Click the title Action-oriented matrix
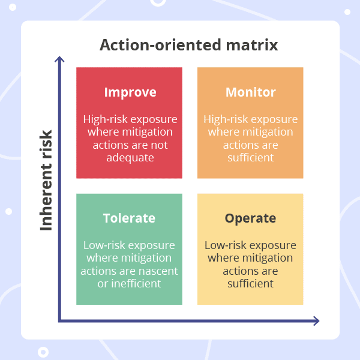tap(189, 46)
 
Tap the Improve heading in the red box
tap(130, 92)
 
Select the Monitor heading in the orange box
tap(251, 92)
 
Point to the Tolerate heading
tap(129, 218)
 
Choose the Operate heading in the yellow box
tap(250, 218)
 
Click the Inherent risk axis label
tap(46, 180)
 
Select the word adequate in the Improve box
tap(129, 158)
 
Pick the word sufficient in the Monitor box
tap(251, 158)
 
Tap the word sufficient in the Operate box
tap(250, 284)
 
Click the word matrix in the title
tap(252, 46)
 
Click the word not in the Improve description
tap(160, 145)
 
